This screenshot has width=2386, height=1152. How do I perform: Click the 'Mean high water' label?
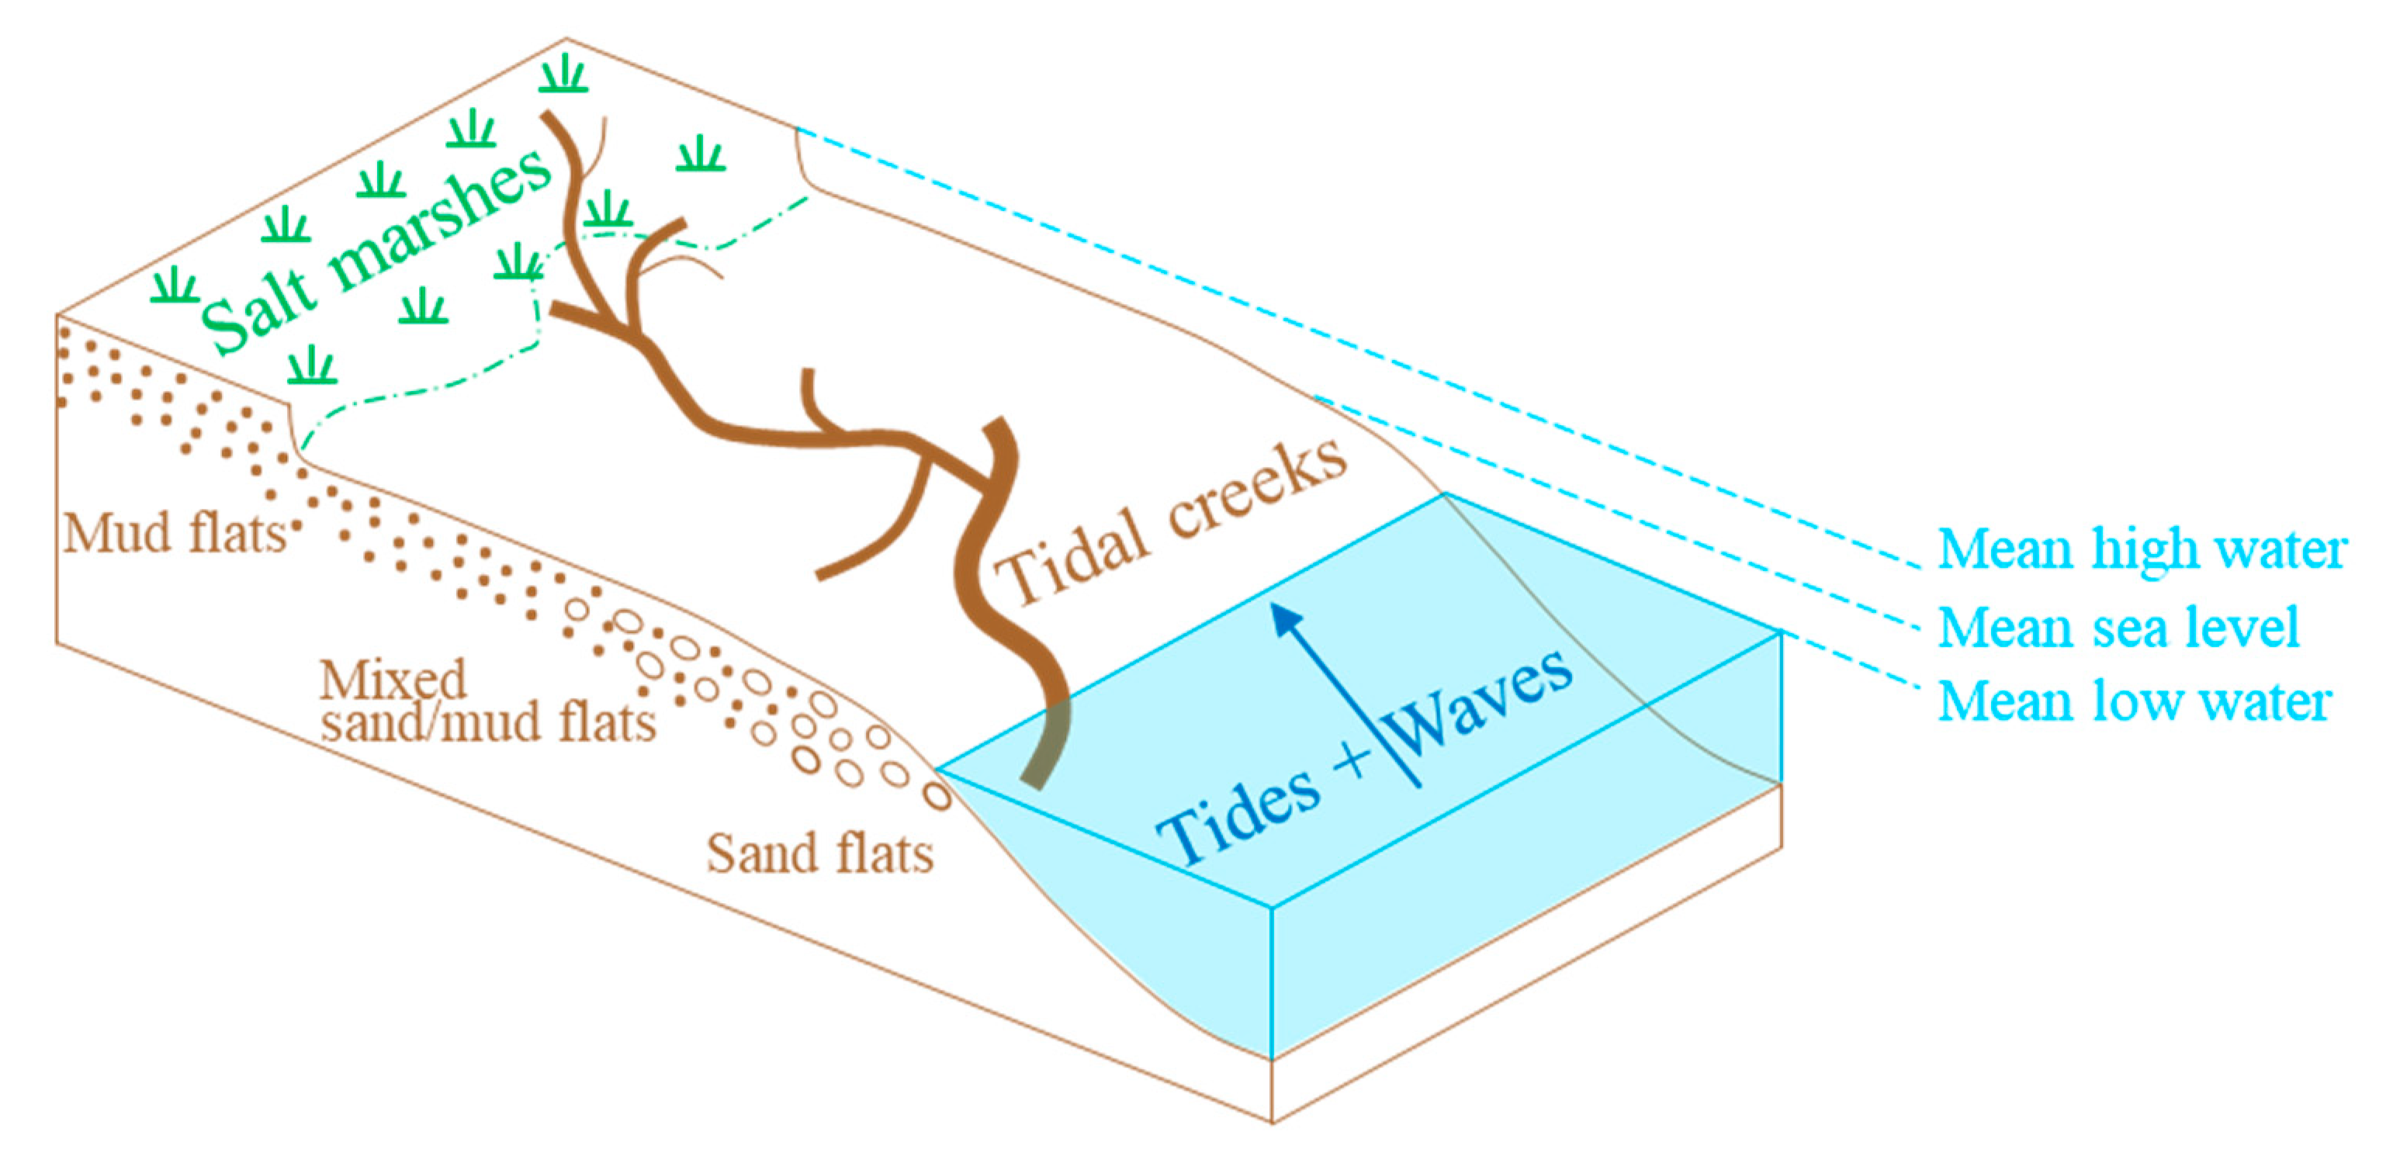click(x=2142, y=550)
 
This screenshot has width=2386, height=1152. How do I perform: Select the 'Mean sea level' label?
click(x=2119, y=628)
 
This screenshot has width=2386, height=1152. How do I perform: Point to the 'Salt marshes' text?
click(x=375, y=250)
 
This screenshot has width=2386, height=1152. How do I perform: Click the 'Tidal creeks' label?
click(x=1172, y=523)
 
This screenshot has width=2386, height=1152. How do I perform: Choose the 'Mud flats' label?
click(x=174, y=534)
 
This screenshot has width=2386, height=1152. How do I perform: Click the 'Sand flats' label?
click(x=819, y=854)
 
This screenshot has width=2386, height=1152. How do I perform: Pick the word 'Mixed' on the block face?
click(x=393, y=680)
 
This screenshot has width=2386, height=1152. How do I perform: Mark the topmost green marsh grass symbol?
click(x=563, y=74)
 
